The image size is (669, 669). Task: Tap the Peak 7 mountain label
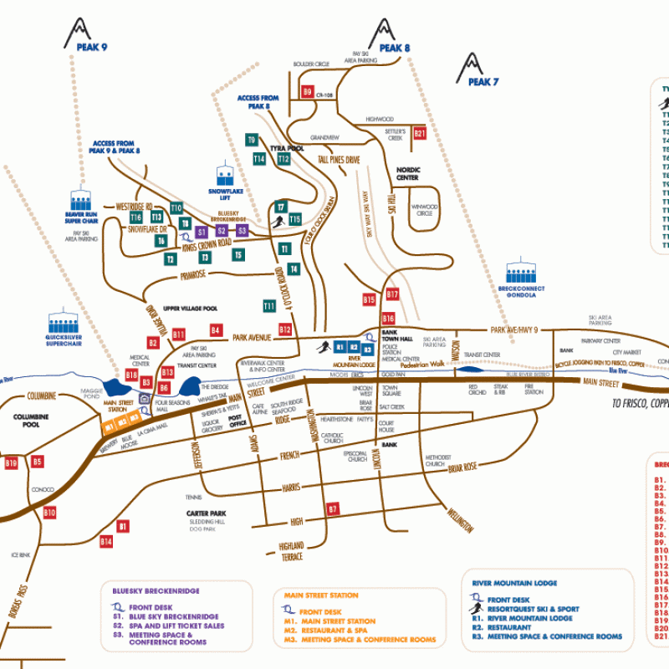(x=483, y=82)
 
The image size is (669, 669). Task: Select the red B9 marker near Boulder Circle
(x=308, y=93)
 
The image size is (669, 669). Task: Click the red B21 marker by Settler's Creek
(x=421, y=133)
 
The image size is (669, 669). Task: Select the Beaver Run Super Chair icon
(x=81, y=201)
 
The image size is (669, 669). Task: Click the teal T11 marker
(x=269, y=307)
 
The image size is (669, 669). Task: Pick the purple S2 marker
(x=222, y=231)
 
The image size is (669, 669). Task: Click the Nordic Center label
(x=407, y=174)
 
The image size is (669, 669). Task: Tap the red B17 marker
(x=392, y=294)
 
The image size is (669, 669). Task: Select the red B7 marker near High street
(x=333, y=509)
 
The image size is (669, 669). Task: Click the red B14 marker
(x=106, y=542)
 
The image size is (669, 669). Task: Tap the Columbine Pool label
(x=32, y=420)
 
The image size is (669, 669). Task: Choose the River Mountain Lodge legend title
(x=514, y=583)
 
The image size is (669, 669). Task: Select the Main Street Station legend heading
(x=321, y=595)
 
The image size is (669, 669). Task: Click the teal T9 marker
(x=252, y=140)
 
